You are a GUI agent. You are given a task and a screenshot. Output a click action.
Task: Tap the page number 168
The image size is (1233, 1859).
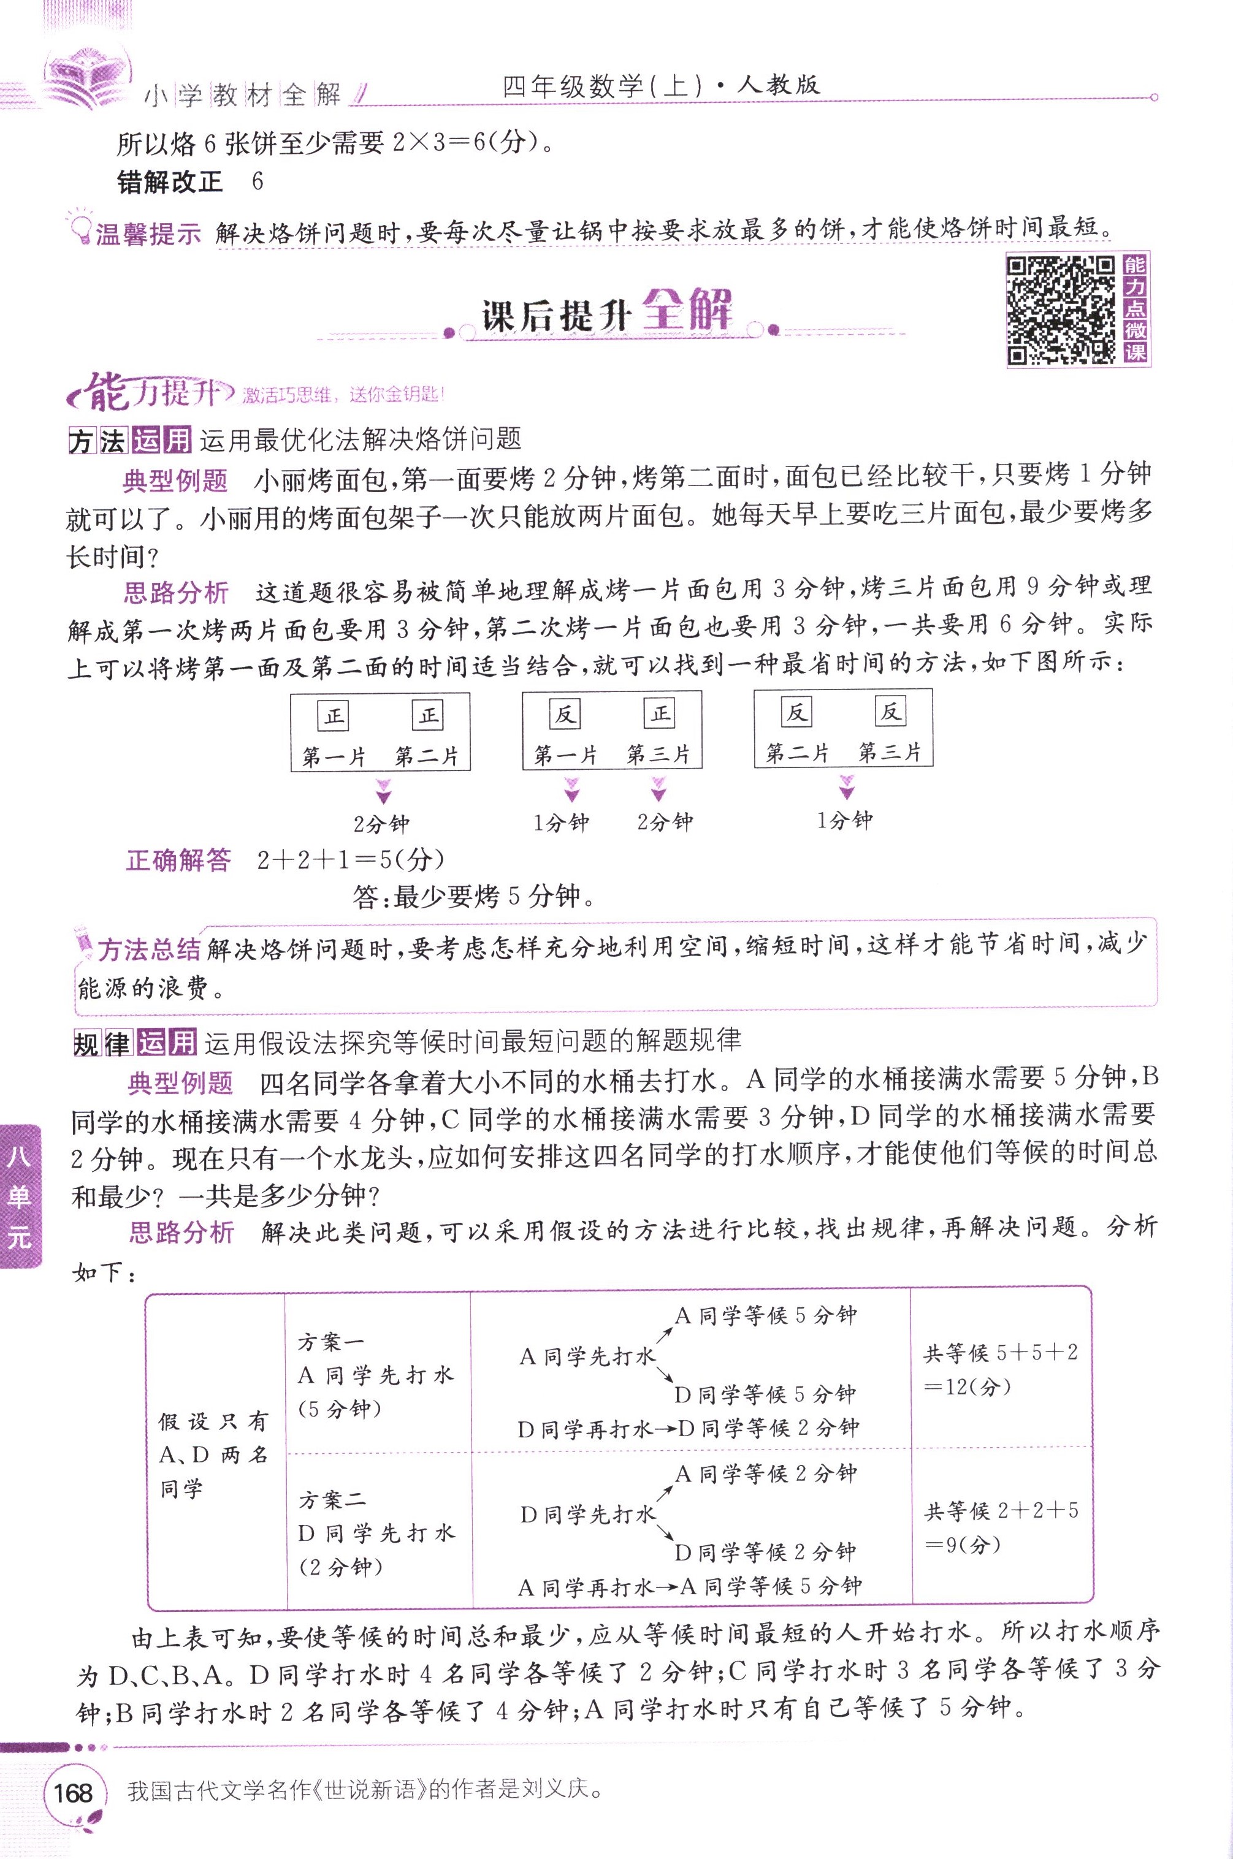(73, 1792)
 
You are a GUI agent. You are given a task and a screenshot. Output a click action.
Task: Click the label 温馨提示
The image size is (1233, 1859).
(147, 234)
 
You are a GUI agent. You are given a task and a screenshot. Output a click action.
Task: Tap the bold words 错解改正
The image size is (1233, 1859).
(169, 183)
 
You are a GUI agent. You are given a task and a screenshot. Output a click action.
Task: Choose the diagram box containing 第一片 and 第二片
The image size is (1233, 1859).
(381, 732)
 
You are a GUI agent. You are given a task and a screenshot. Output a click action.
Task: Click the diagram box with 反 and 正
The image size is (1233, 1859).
(612, 729)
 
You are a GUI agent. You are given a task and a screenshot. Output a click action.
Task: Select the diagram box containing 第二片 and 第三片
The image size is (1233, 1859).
(843, 728)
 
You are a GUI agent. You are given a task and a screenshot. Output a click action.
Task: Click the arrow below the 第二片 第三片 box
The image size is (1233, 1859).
(846, 786)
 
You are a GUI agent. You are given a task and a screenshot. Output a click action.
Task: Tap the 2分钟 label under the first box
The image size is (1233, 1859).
(381, 824)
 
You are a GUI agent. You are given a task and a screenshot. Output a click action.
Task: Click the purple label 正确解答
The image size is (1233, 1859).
(178, 860)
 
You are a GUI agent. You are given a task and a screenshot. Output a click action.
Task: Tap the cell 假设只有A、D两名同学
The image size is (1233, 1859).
(214, 1454)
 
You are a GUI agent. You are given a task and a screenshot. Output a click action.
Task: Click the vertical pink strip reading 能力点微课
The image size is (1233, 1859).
(1135, 309)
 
